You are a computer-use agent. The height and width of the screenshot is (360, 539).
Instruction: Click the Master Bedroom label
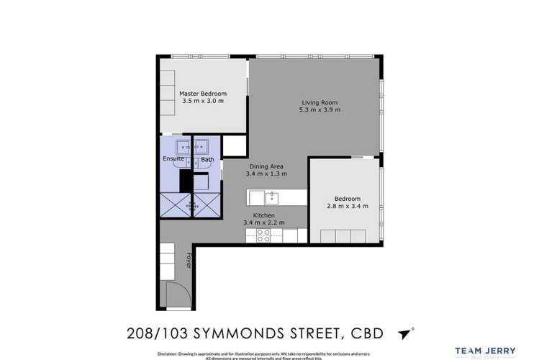pos(203,94)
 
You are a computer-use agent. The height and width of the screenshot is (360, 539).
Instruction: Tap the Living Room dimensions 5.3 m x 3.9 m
pos(320,110)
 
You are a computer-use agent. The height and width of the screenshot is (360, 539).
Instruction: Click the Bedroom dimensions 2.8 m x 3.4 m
pos(348,206)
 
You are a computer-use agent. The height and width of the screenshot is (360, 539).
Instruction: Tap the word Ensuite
pos(173,159)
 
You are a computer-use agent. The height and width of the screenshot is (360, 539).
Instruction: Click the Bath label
pos(207,159)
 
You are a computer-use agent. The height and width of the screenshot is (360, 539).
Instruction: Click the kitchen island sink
pos(273,196)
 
